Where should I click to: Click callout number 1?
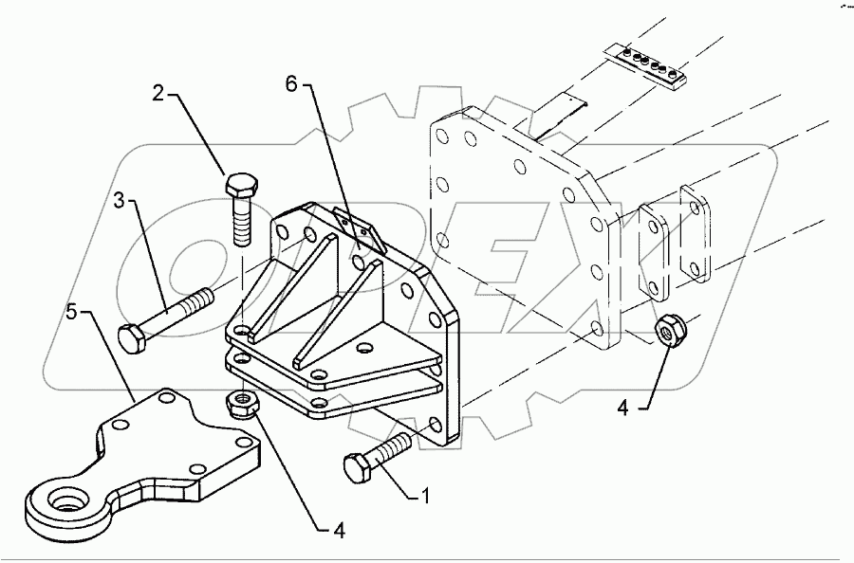pyautogui.click(x=426, y=495)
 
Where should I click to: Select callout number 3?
pyautogui.click(x=120, y=202)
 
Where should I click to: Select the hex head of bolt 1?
pyautogui.click(x=356, y=466)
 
